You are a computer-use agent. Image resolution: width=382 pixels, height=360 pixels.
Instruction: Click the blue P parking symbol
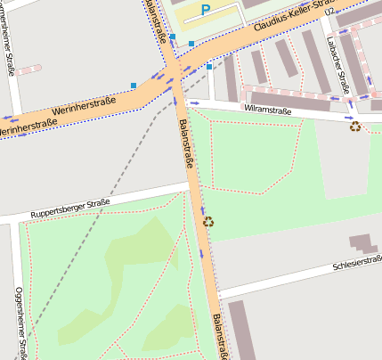coord(206,10)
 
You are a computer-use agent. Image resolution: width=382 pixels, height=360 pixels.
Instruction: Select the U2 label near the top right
coord(330,12)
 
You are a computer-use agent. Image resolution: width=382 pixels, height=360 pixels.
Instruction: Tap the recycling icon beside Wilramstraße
coord(355,127)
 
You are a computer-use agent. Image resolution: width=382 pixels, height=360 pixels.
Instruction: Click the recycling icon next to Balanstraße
coord(208,222)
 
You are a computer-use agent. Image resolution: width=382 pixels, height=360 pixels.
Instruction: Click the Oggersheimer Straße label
coord(19,316)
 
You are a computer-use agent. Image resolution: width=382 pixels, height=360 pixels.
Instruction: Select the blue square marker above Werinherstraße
coord(134,86)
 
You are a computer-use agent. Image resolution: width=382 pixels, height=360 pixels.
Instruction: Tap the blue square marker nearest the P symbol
coord(191,43)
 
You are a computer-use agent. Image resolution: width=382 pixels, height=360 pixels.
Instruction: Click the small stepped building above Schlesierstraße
coord(362,242)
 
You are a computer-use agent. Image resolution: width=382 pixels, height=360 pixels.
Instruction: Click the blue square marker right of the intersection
coord(209,66)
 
